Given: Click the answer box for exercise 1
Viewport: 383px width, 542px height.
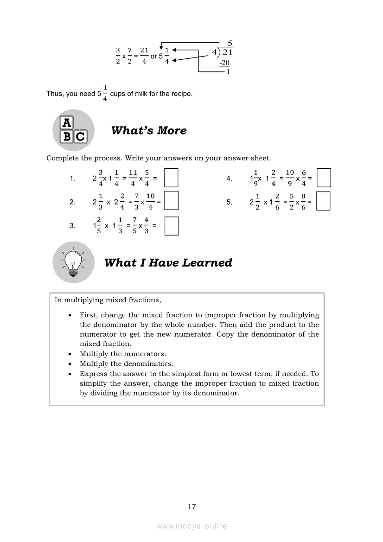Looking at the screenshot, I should (172, 178).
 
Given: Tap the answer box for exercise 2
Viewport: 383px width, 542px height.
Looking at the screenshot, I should (172, 201).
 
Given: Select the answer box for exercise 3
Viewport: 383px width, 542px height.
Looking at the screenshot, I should (172, 226).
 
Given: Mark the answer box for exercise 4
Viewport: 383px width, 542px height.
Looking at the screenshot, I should (324, 178).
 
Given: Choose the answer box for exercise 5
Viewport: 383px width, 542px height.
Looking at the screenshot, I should (324, 201).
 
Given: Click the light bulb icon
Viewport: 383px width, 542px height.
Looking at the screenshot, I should (73, 262).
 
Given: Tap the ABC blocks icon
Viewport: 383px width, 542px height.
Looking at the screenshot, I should (73, 130).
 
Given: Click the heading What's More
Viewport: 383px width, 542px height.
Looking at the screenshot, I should (149, 131).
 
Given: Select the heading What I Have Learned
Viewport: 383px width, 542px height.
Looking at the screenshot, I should (168, 263).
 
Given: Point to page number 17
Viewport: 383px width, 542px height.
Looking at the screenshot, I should (191, 507).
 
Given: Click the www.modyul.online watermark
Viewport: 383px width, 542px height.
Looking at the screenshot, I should (191, 526).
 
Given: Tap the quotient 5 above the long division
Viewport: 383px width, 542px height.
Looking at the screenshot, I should (230, 43).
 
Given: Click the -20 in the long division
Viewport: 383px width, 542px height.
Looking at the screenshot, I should (224, 63).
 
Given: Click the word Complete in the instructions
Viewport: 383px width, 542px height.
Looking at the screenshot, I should (63, 158).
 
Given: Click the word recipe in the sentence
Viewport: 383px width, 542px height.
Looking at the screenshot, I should (181, 94).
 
